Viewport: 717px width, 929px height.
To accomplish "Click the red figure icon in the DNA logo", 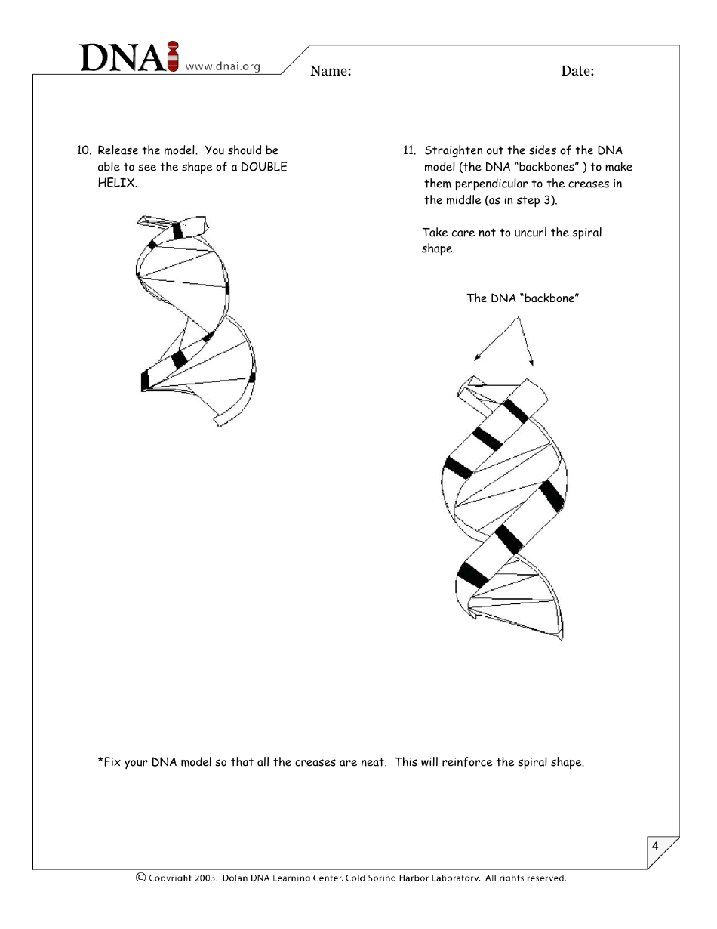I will (x=173, y=57).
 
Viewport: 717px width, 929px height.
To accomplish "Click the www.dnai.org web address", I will (x=223, y=66).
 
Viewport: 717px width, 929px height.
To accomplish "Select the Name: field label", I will (x=331, y=72).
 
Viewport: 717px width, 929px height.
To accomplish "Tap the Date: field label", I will (x=577, y=72).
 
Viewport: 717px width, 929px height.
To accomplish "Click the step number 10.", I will (x=83, y=150).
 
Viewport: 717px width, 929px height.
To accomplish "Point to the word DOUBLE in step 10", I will (x=263, y=167).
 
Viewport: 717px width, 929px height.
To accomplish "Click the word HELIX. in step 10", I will (x=117, y=184).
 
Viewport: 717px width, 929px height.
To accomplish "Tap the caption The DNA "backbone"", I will (x=522, y=298).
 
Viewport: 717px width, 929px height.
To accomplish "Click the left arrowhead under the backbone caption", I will (x=477, y=358).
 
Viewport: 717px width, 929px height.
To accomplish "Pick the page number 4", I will (x=655, y=846).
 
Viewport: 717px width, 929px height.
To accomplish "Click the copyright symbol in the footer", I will (x=140, y=878).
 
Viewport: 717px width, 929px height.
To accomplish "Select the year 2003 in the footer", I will (x=205, y=878).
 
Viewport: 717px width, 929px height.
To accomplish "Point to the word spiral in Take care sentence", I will (x=586, y=233).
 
